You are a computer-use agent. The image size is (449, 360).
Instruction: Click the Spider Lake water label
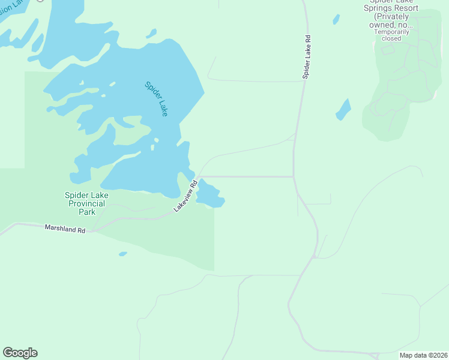point(156,98)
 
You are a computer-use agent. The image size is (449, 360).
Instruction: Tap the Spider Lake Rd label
point(306,58)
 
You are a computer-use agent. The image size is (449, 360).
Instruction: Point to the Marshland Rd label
point(65,229)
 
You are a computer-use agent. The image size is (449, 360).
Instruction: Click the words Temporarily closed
point(391,35)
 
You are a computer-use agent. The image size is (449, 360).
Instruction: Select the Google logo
point(20,353)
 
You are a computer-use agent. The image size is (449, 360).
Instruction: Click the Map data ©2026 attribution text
point(423,355)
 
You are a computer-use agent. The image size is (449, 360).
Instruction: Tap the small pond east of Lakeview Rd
point(209,194)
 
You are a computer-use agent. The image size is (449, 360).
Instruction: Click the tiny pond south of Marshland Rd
point(123,254)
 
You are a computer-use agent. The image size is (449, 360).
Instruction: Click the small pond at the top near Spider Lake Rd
point(336,19)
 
